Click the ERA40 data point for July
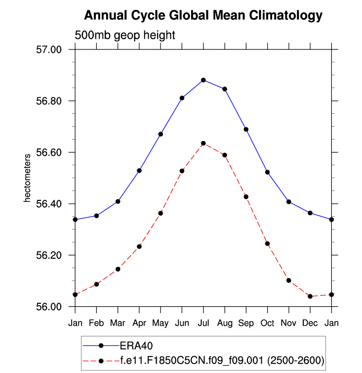tap(203, 80)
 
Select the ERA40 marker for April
tap(139, 171)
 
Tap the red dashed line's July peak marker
tap(203, 143)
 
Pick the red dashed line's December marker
tap(310, 296)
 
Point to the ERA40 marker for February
tap(97, 216)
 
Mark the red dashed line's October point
tap(267, 243)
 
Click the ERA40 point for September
tap(246, 130)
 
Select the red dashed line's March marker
tap(118, 269)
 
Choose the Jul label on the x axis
tap(203, 323)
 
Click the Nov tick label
tap(288, 323)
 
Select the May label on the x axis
tap(161, 323)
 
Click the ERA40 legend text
tap(133, 345)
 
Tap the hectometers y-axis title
tap(28, 178)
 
